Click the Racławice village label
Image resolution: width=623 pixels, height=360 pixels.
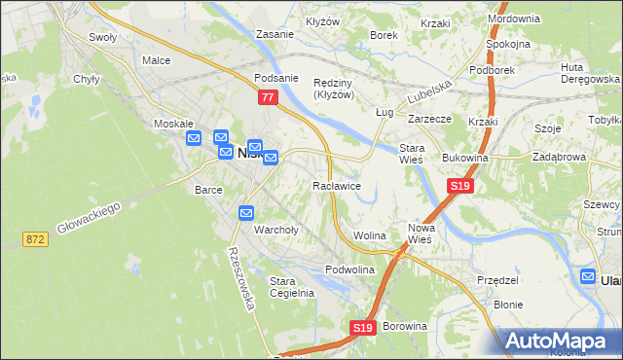[337, 185]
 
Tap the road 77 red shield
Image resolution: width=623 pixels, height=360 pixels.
[269, 97]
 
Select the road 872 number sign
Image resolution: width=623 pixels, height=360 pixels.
[37, 238]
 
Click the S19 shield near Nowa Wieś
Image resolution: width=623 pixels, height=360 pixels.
[460, 186]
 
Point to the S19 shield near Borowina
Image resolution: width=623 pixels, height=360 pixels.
[363, 329]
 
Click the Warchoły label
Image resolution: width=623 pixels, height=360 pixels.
[275, 231]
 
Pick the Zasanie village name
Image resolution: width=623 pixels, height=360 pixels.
[275, 34]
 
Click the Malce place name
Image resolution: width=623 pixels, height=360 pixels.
[156, 60]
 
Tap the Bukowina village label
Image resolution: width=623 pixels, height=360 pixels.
[464, 157]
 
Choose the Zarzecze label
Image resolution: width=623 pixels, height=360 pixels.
[428, 118]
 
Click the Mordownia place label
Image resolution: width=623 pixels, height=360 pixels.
[513, 18]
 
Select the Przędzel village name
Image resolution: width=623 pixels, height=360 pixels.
[497, 279]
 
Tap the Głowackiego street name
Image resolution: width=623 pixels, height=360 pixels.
[88, 215]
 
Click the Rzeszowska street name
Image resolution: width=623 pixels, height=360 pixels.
[239, 277]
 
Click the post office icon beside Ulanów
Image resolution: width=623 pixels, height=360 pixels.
[589, 277]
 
